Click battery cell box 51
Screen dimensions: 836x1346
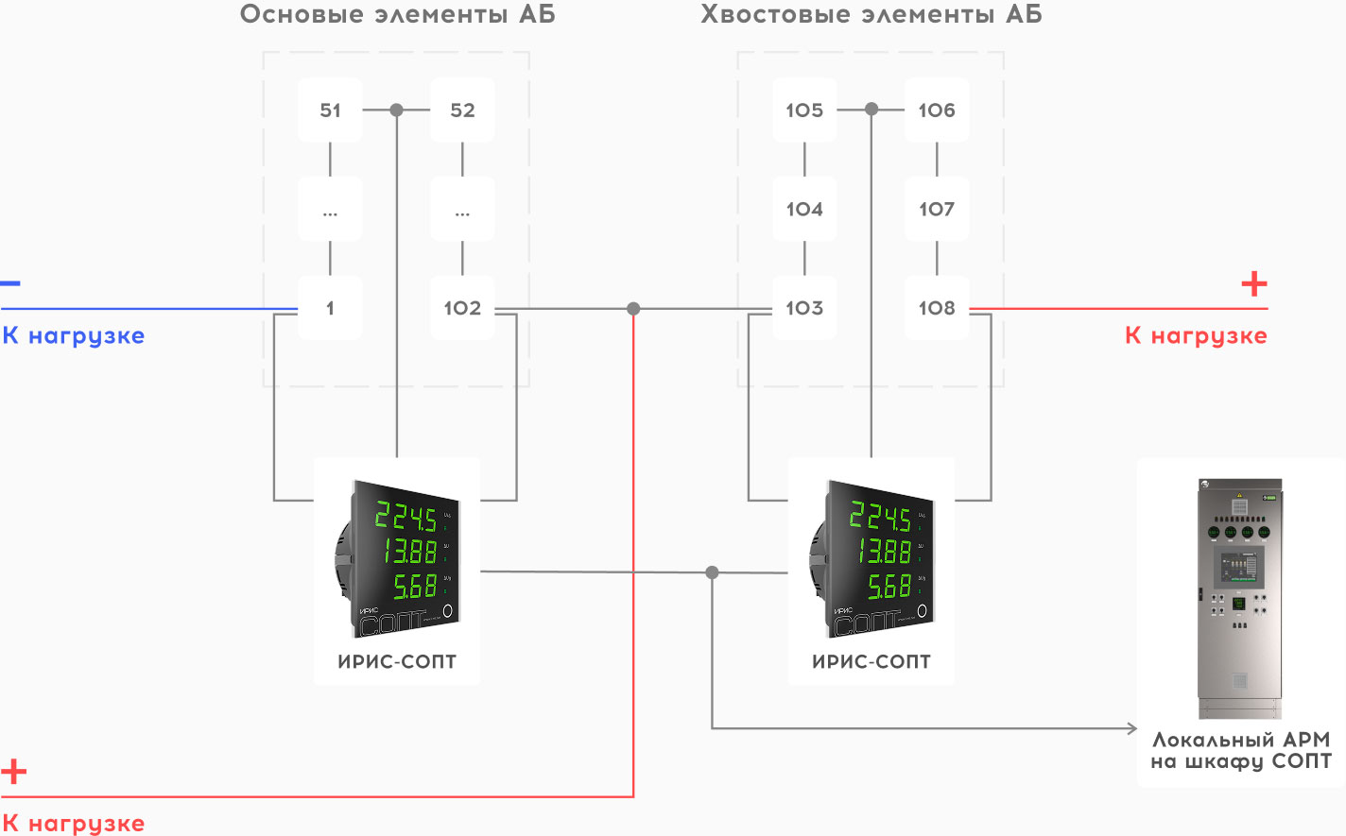(x=330, y=110)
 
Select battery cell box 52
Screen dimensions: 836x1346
(x=462, y=110)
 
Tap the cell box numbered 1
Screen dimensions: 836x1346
(x=330, y=308)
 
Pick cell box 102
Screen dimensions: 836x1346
(x=462, y=308)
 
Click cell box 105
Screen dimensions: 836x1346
(x=804, y=110)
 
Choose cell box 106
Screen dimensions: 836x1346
(x=937, y=110)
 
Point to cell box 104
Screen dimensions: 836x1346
(x=804, y=209)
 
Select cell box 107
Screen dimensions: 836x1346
(x=937, y=209)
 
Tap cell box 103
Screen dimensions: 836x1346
(x=804, y=308)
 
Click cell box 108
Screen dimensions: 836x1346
(x=937, y=308)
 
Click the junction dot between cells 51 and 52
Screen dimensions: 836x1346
(x=397, y=110)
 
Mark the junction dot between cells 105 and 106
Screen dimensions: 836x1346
(x=871, y=110)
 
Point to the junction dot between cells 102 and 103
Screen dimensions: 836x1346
(x=633, y=309)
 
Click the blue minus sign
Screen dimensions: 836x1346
(x=10, y=282)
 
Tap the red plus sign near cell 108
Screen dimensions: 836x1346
(x=1253, y=283)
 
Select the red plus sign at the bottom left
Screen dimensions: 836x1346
(x=13, y=772)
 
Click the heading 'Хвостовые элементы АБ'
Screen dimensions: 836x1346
(x=871, y=14)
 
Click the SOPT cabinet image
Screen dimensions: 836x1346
(x=1240, y=598)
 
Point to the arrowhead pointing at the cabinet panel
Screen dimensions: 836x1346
(x=1132, y=728)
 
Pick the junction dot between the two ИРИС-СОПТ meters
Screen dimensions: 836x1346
(x=712, y=572)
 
